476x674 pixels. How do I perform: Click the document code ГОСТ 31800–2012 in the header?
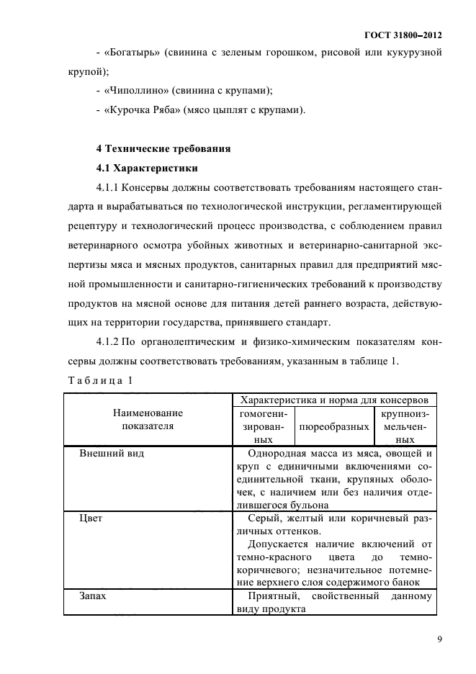[x=403, y=35]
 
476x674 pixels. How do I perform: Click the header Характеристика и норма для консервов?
[x=335, y=400]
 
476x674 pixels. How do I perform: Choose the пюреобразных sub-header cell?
[x=334, y=426]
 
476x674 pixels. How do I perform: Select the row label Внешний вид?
[x=111, y=454]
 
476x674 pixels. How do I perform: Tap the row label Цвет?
[x=91, y=518]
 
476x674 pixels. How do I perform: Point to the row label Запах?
[x=93, y=596]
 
